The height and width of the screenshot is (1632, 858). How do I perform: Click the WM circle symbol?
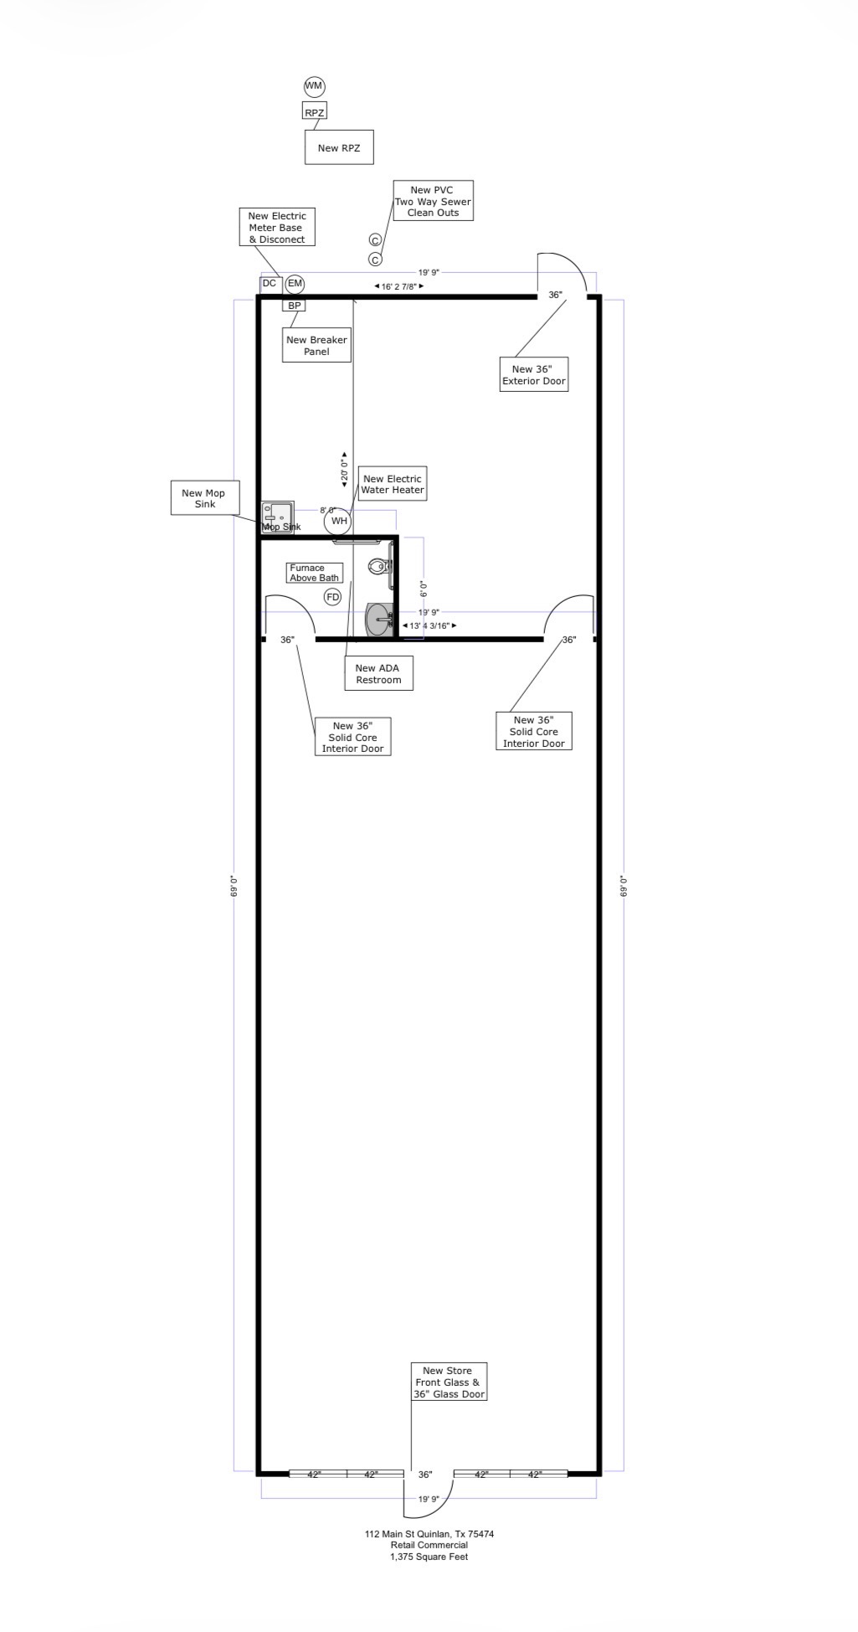[314, 86]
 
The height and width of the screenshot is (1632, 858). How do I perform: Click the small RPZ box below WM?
[314, 112]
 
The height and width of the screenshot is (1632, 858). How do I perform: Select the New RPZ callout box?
[339, 147]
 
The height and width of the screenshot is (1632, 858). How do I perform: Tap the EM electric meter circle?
[295, 284]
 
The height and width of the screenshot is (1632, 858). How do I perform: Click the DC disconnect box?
[270, 284]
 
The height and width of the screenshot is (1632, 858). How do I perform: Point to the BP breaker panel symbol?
[294, 306]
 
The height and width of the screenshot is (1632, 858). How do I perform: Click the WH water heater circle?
[338, 521]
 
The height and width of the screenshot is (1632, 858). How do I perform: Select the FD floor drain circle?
[333, 597]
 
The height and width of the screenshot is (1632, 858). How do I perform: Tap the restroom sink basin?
[379, 620]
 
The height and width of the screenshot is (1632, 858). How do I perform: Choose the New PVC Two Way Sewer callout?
[433, 201]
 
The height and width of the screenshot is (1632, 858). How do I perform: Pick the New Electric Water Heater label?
[393, 484]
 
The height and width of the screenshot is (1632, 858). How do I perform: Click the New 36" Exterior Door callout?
[534, 374]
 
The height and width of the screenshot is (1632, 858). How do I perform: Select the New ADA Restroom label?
[378, 673]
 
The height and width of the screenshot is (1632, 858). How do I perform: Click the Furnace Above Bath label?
[315, 573]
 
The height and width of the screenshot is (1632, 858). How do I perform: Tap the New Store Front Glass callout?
[449, 1382]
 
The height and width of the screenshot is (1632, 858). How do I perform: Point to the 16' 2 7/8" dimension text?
[398, 286]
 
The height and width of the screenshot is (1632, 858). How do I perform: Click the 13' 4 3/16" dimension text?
[429, 626]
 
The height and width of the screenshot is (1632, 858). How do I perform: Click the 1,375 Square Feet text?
[429, 1557]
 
